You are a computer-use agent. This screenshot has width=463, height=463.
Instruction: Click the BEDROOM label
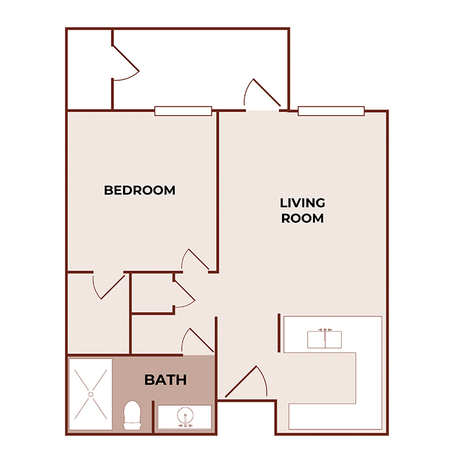[x=140, y=190]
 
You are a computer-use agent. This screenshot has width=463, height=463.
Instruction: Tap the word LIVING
[x=302, y=203]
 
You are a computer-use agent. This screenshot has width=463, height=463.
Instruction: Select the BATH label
[x=165, y=380]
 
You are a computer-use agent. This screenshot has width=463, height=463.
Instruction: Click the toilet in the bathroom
[x=132, y=415]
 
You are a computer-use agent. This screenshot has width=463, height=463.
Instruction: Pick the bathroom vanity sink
[x=185, y=418]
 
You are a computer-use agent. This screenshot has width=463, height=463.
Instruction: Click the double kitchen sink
[x=324, y=339]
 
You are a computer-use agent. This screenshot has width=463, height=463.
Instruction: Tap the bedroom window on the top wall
[x=183, y=111]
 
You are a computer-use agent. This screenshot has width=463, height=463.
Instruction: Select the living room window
[x=331, y=111]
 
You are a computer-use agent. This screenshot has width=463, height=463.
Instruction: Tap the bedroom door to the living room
[x=196, y=260]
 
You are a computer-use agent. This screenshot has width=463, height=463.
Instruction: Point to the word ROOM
[x=302, y=218]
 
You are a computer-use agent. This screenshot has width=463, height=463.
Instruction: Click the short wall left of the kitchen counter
[x=279, y=333]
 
